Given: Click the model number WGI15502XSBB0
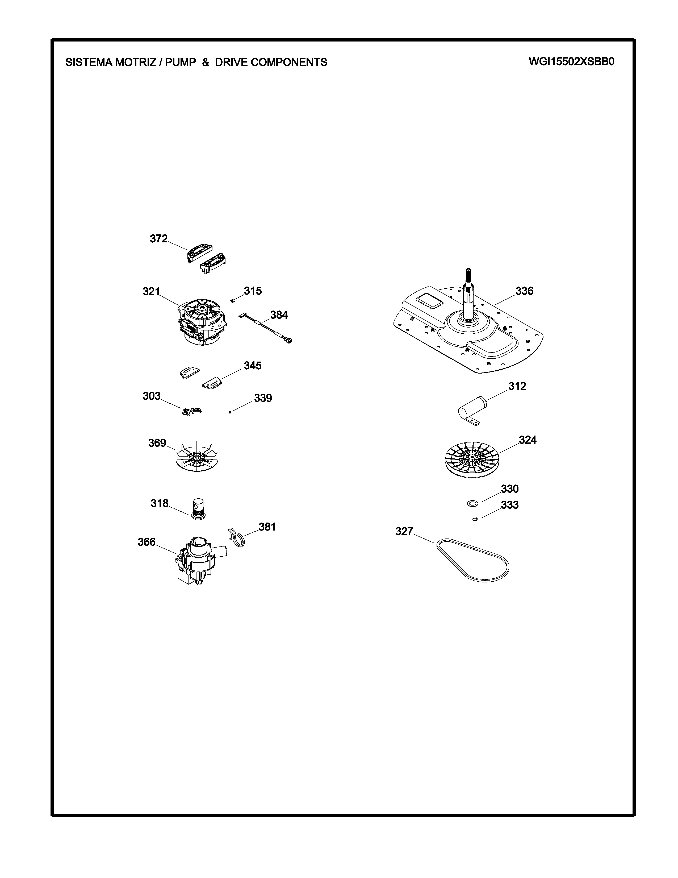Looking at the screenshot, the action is point(571,62).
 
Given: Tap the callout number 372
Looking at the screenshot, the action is point(159,239).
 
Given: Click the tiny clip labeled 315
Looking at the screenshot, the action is point(232,300).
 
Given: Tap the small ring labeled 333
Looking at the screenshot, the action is point(475,519).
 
